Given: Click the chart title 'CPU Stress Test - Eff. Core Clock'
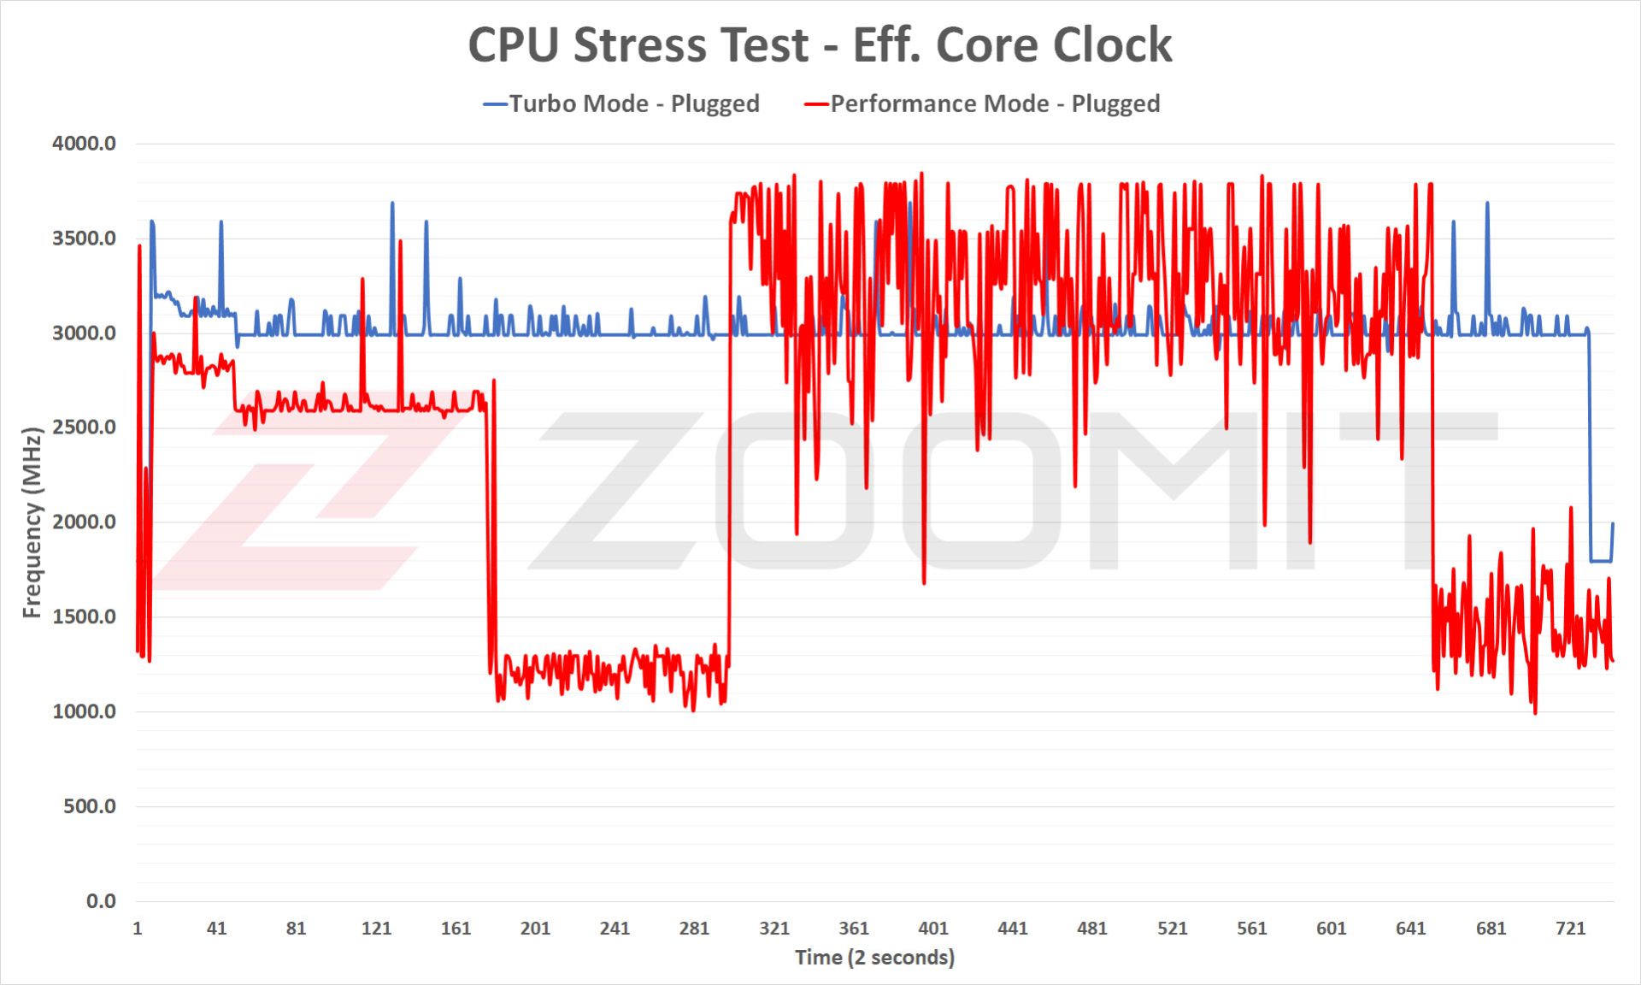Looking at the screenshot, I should [x=820, y=44].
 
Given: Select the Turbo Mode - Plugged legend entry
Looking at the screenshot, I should [x=622, y=103].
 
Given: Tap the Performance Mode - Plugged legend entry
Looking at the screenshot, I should [x=983, y=103].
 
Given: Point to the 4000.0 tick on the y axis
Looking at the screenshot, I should [x=84, y=144].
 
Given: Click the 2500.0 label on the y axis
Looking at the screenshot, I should [x=84, y=428].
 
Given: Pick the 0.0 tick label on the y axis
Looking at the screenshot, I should [x=101, y=901].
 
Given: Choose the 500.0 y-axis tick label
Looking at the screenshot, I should [x=89, y=806].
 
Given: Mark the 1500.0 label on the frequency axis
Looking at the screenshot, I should [x=84, y=616].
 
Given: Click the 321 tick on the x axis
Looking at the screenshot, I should [x=774, y=929].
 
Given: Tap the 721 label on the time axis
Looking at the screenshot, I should [x=1570, y=929].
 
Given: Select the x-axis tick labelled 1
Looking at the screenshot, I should [x=138, y=929].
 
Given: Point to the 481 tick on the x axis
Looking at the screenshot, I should [x=1092, y=929].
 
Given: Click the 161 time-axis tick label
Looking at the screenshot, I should [x=456, y=929].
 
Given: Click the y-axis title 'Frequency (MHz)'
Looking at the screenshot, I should [x=32, y=522].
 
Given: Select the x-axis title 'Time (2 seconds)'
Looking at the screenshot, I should [x=874, y=958].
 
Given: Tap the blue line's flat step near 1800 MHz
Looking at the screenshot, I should [x=1600, y=561].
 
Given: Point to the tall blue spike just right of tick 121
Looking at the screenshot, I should [x=392, y=205].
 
